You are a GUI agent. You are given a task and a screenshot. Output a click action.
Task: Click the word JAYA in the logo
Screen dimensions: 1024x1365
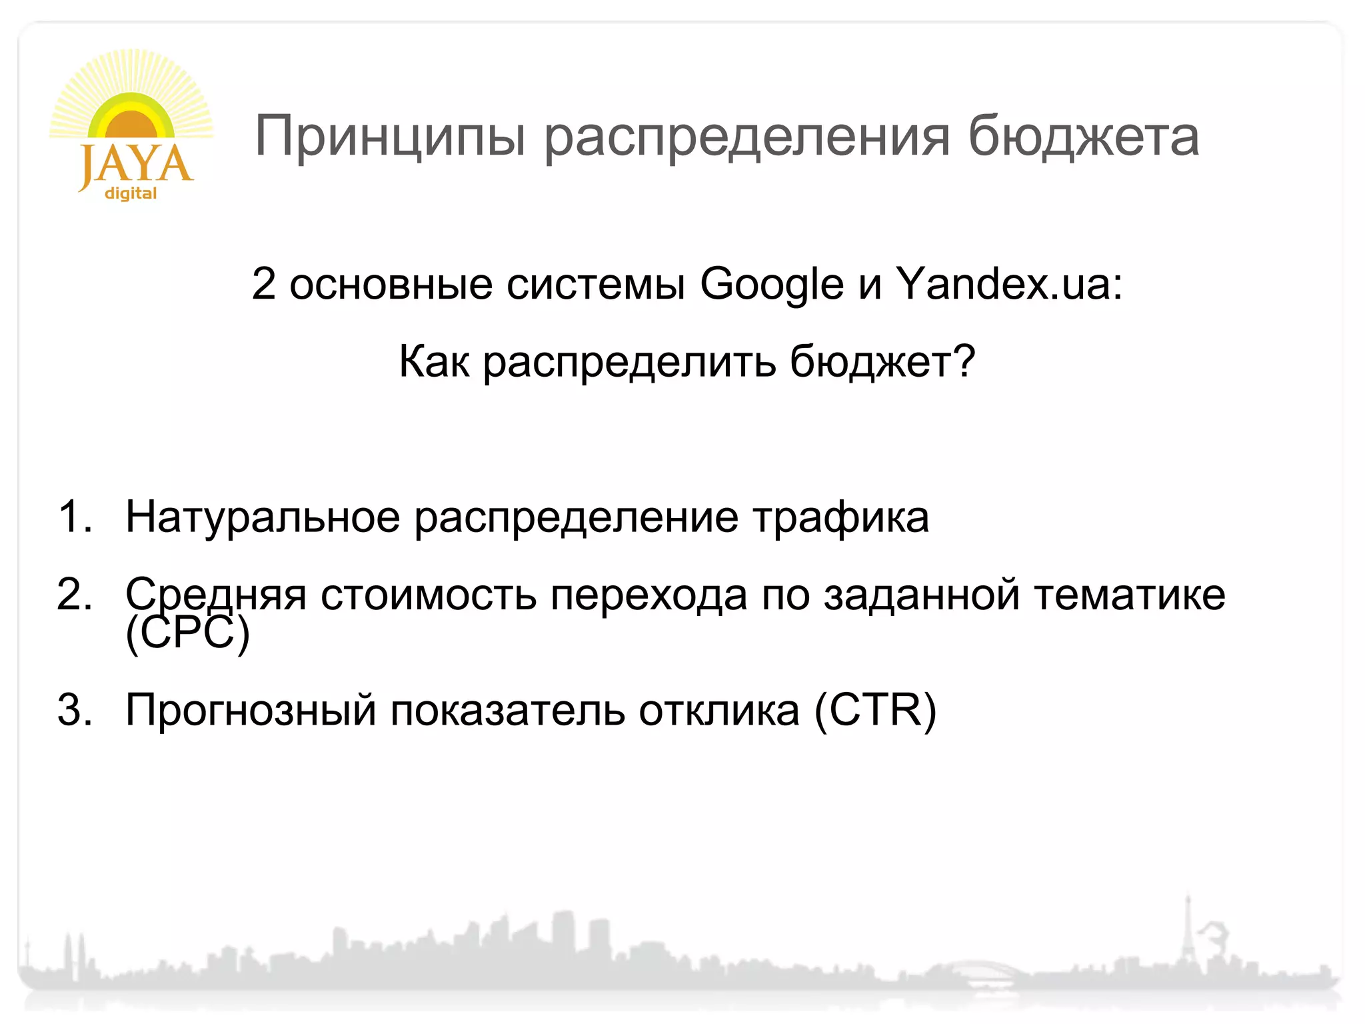tap(136, 165)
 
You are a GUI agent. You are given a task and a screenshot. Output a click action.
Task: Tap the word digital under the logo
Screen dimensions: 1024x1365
tap(131, 193)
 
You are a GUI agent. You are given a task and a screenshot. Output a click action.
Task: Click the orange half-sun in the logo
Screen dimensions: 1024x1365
tap(131, 125)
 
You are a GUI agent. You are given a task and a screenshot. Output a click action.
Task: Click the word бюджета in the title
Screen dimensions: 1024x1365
tap(1083, 137)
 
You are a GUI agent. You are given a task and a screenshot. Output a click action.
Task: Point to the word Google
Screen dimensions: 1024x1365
tap(772, 285)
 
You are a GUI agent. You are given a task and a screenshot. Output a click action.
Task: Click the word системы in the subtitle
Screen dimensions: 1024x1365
tap(596, 285)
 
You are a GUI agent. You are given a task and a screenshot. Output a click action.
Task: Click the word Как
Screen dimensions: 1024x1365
tap(433, 362)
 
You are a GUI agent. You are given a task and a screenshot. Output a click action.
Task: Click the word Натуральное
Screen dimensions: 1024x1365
tap(263, 517)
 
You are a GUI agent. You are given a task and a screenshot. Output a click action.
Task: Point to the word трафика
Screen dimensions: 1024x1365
tap(840, 517)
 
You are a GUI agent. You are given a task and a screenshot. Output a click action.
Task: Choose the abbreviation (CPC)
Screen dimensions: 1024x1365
tap(187, 633)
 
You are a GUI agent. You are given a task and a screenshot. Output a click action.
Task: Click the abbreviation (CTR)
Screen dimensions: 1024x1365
tap(874, 709)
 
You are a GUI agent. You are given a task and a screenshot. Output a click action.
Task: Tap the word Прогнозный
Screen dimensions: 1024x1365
tap(251, 711)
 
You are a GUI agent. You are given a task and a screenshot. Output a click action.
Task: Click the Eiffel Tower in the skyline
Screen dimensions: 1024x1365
tap(1187, 933)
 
